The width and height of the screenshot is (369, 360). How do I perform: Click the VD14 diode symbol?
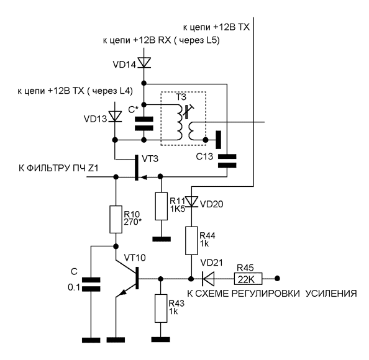pos(144,63)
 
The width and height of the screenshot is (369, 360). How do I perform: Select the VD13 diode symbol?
pos(115,117)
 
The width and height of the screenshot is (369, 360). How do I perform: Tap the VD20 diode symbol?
pos(191,202)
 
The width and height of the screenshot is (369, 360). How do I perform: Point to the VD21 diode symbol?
pos(208,279)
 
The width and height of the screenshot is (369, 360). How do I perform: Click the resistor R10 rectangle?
pos(116,219)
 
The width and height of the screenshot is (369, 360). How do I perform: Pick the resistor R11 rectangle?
pos(161,206)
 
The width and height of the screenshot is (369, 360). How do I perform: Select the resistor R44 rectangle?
pos(191,241)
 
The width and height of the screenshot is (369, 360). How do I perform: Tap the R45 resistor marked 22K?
pos(248,279)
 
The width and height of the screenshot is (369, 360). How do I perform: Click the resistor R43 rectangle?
pos(161,308)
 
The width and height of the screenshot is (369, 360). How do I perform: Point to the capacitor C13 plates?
pos(227,161)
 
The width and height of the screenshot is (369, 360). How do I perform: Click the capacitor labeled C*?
pos(144,124)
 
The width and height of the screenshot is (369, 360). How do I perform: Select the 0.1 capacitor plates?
pos(91,284)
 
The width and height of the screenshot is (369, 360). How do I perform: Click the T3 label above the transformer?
pos(181,97)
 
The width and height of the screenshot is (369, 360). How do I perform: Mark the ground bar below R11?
pos(162,239)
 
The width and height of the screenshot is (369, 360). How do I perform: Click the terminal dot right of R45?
pos(278,279)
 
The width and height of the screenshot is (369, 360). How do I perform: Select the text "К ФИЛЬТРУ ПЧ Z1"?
pos(58,168)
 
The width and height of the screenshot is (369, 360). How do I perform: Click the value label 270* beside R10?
pos(133,222)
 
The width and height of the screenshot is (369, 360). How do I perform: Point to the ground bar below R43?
pos(161,340)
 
